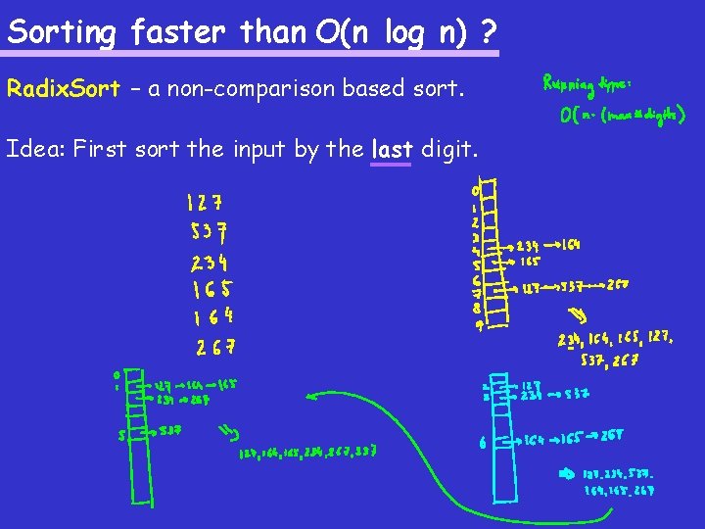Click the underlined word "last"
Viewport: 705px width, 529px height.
pyautogui.click(x=392, y=150)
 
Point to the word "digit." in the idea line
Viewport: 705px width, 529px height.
pyautogui.click(x=449, y=150)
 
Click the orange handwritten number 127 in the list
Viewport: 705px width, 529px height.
pyautogui.click(x=205, y=204)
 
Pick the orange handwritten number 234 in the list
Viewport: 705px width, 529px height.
pyautogui.click(x=211, y=262)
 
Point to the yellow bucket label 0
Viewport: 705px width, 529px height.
pyautogui.click(x=476, y=188)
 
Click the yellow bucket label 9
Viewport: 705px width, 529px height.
pyautogui.click(x=479, y=326)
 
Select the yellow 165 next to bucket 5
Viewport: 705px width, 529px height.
pyautogui.click(x=530, y=263)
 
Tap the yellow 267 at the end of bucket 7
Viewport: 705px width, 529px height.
pyautogui.click(x=617, y=287)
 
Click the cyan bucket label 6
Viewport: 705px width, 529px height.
pyautogui.click(x=483, y=442)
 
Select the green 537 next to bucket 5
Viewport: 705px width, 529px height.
pyautogui.click(x=169, y=430)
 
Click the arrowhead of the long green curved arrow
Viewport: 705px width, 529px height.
pyautogui.click(x=311, y=397)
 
